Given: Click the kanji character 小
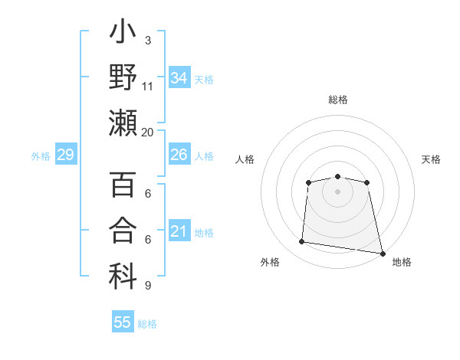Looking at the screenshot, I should point(123,35).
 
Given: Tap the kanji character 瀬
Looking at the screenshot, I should point(123,123).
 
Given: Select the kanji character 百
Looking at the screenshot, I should point(123,186).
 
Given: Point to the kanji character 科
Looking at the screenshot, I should point(123,277).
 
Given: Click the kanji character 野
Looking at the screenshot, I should point(123,79).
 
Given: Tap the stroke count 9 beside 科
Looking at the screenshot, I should point(147,286).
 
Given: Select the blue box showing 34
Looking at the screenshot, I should point(179,78).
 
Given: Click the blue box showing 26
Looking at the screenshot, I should point(179,155).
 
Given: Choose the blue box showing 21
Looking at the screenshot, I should point(179,231).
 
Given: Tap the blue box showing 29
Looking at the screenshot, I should point(65,155).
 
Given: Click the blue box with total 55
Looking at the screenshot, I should point(123,322).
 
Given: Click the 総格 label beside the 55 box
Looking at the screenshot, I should point(148,324).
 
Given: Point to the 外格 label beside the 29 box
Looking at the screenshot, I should point(41,156).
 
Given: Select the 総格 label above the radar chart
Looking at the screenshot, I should point(338,100).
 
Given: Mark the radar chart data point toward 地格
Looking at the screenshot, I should point(381,253).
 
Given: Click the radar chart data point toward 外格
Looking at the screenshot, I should point(302,242).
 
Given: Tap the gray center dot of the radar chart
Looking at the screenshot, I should point(337,191).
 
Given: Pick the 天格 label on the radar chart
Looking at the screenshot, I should point(432,159).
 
